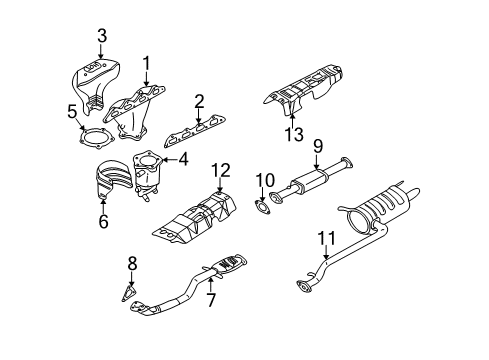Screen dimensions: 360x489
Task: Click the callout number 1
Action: pos(146,66)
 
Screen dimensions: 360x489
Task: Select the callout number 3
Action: pos(101,37)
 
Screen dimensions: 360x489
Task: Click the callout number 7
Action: pos(210,300)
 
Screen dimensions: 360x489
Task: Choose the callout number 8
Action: pos(131,265)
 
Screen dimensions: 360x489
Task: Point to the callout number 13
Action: pos(292,135)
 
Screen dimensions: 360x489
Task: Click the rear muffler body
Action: pos(388,215)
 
